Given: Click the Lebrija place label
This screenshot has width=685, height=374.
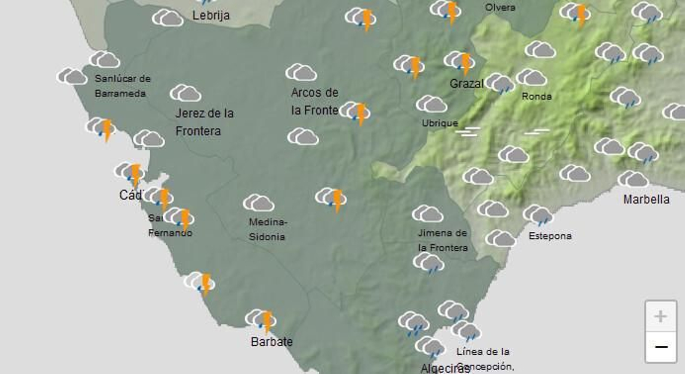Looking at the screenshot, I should coord(211,15).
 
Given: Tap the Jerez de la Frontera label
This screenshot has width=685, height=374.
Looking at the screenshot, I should coord(204,122).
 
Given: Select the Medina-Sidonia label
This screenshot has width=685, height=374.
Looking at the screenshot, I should coord(267,229).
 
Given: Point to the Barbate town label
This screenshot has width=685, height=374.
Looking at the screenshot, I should coord(271,342).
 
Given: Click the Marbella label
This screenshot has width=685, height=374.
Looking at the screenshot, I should coord(646,199).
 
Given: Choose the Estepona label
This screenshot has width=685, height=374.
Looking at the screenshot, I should coord(550,236).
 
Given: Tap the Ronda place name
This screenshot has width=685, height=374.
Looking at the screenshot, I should coord(536,96).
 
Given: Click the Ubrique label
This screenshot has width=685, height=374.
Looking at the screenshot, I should coord(440,123).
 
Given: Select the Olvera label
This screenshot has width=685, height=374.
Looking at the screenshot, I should coord(500,7).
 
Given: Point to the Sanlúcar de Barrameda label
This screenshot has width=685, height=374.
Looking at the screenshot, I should coord(122,86).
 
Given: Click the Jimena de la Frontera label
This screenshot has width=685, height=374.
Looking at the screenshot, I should coord(442,240).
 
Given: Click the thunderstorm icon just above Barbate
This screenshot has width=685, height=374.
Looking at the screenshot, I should coord(261,320).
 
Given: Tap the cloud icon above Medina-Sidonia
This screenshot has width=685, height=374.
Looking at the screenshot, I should coord(258,203).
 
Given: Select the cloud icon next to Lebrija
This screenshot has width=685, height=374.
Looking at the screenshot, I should coord(167,18).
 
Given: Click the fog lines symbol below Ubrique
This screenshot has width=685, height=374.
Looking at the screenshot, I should coord(467,132).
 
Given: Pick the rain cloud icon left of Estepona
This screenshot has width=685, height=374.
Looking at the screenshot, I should coord(538,215).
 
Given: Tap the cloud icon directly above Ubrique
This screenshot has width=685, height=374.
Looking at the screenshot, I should coord(431,104).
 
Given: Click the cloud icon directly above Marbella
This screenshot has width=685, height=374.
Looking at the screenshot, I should coord(633,179).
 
